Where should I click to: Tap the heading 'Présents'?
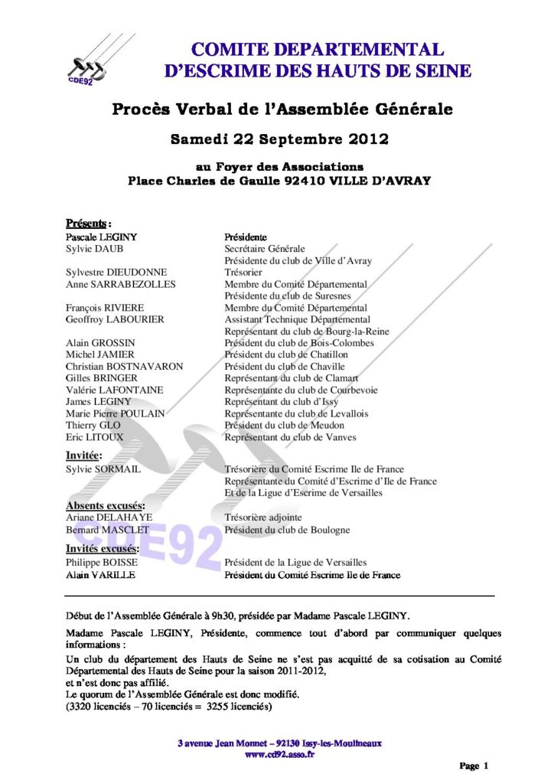(86, 224)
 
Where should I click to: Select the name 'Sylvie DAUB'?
(94, 249)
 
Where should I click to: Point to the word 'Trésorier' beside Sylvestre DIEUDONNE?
(243, 272)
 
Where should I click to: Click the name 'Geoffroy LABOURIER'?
(116, 319)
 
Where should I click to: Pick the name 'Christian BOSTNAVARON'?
(125, 367)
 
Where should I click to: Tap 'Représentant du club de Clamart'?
(301, 378)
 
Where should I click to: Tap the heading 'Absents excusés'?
(105, 505)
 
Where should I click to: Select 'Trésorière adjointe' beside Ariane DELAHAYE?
(262, 518)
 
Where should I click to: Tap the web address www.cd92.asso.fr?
(279, 754)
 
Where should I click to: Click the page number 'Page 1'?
(474, 766)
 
